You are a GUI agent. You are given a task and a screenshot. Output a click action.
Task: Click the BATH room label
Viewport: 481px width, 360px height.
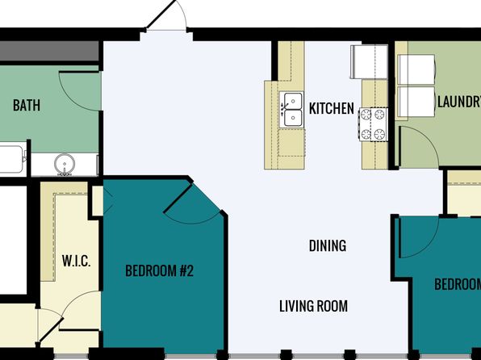pyautogui.click(x=27, y=105)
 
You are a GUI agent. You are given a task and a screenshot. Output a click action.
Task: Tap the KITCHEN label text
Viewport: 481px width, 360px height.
pyautogui.click(x=332, y=108)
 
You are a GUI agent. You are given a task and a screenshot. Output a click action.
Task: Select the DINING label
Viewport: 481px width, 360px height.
pyautogui.click(x=328, y=245)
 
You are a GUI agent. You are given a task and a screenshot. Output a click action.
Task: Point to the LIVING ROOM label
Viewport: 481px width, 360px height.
pyautogui.click(x=313, y=306)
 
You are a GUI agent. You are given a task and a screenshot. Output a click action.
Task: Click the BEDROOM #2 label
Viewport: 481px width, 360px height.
pyautogui.click(x=160, y=270)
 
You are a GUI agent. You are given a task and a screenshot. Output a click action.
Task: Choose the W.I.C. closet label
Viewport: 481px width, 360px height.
pyautogui.click(x=76, y=261)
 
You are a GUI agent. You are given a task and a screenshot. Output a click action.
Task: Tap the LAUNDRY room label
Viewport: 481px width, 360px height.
pyautogui.click(x=459, y=102)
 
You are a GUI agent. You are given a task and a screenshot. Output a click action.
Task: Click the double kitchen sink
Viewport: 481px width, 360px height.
pyautogui.click(x=292, y=110)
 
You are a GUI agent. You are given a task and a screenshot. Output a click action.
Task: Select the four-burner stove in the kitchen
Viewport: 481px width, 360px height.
pyautogui.click(x=374, y=124)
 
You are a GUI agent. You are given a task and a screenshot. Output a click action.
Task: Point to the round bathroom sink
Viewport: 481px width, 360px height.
pyautogui.click(x=65, y=164)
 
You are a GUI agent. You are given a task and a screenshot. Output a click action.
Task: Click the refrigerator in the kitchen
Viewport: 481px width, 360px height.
pyautogui.click(x=369, y=61)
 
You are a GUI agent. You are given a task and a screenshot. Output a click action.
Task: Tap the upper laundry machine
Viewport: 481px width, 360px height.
pyautogui.click(x=416, y=70)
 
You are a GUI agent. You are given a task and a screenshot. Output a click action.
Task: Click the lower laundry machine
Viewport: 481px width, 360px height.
pyautogui.click(x=416, y=102)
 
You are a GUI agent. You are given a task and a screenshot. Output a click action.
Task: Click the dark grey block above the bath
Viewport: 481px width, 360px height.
pyautogui.click(x=49, y=51)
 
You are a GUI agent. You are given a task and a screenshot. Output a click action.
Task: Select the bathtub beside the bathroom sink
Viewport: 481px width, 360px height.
pyautogui.click(x=12, y=159)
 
